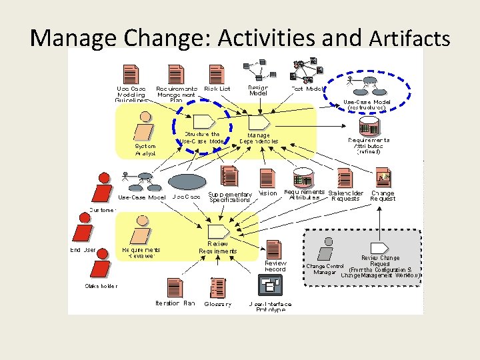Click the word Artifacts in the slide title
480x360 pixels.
[x=409, y=38]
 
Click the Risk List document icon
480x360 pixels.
[x=217, y=74]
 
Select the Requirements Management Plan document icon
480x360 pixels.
[x=176, y=74]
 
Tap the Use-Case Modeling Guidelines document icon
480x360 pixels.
[x=131, y=74]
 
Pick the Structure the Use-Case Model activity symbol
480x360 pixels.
[x=203, y=121]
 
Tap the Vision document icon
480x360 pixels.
[x=267, y=178]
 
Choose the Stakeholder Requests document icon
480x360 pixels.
[x=344, y=178]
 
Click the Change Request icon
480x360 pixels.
[x=383, y=177]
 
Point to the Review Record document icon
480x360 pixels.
[x=273, y=249]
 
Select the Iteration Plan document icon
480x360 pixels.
[x=175, y=288]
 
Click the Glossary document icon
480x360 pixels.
[x=217, y=287]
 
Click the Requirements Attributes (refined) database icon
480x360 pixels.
[x=368, y=125]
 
